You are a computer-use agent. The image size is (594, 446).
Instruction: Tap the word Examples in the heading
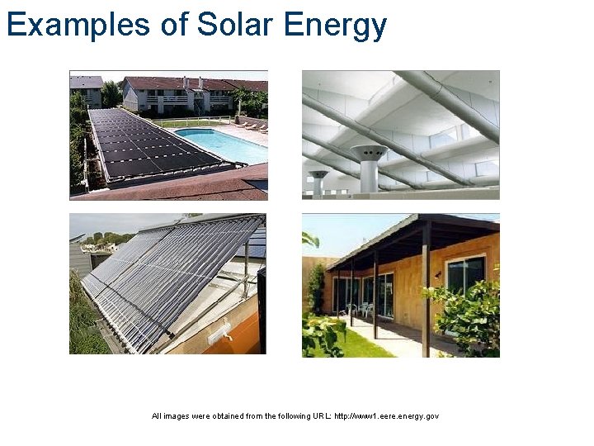tap(78, 25)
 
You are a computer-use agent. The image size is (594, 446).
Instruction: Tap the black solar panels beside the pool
tap(148, 145)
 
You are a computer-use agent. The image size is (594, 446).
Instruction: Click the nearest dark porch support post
tap(426, 289)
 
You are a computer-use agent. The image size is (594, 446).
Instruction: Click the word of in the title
tap(175, 25)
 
